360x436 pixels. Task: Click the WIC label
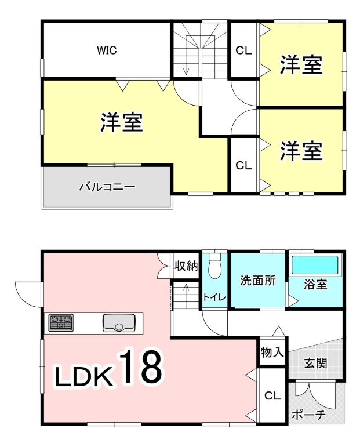pyautogui.click(x=107, y=50)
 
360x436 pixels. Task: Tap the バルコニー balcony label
pyautogui.click(x=107, y=187)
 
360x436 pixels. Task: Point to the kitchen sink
pyautogui.click(x=119, y=322)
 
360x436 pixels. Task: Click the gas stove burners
pyautogui.click(x=61, y=322)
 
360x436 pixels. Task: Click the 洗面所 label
pyautogui.click(x=257, y=280)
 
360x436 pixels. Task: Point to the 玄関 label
pyautogui.click(x=317, y=364)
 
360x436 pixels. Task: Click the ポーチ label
pyautogui.click(x=308, y=415)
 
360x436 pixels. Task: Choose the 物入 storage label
pyautogui.click(x=272, y=353)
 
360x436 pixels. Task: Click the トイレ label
pyautogui.click(x=214, y=297)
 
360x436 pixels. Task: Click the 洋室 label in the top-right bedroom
pyautogui.click(x=301, y=64)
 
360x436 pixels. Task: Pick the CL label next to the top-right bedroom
pyautogui.click(x=243, y=50)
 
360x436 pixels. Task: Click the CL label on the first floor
pyautogui.click(x=272, y=396)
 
